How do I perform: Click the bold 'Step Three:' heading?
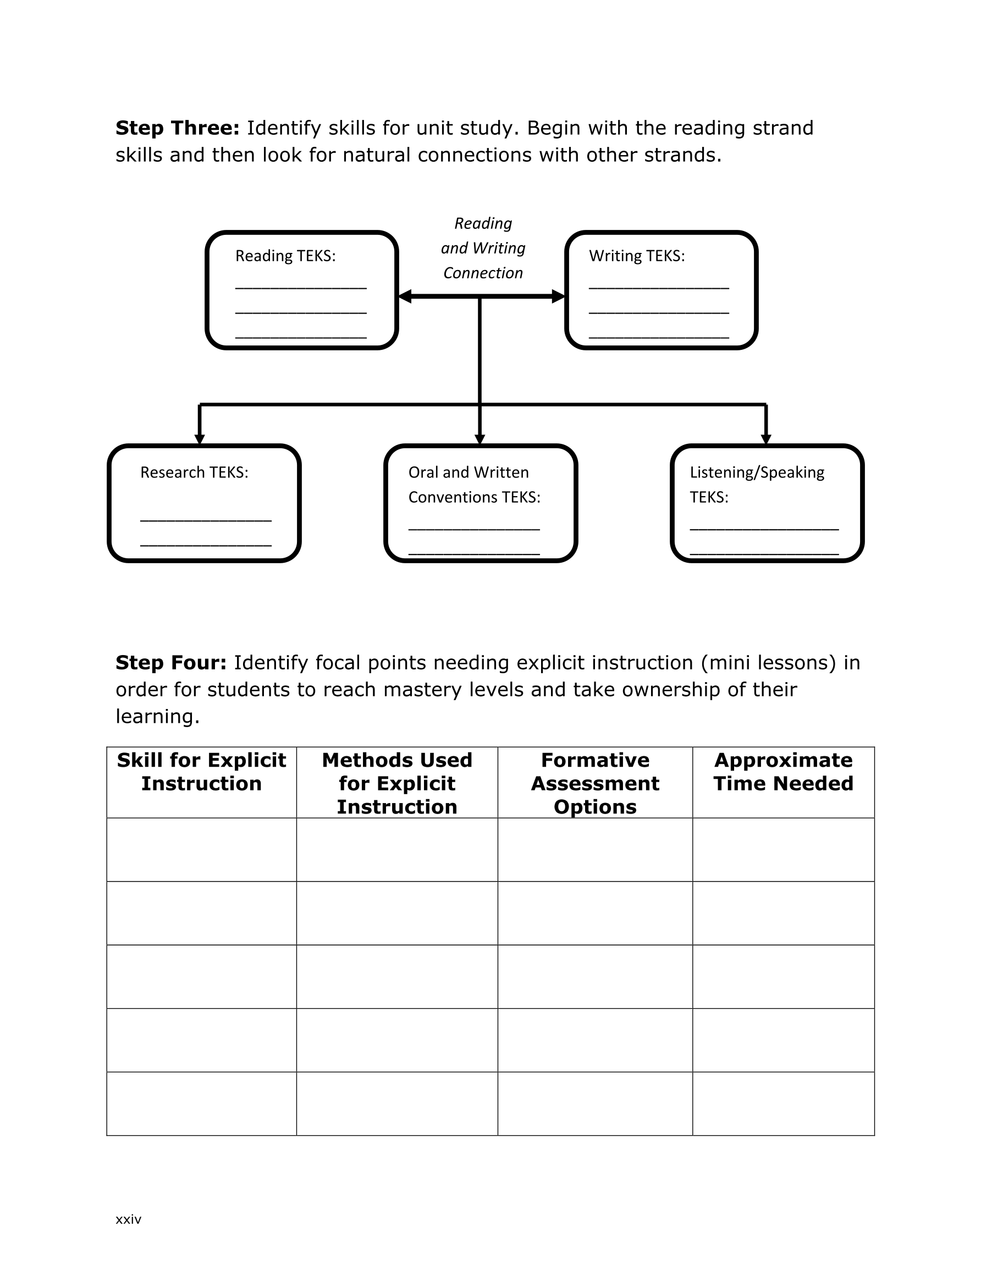178,128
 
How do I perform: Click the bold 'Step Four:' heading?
171,662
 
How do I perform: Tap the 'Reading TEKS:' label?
285,256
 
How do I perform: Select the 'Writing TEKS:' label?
637,256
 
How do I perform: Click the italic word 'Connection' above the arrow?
483,273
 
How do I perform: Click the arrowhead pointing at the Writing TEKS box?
558,296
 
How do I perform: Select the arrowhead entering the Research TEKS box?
200,439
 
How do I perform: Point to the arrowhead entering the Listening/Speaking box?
766,439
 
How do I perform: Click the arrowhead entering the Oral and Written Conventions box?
480,439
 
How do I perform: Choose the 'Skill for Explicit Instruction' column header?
201,772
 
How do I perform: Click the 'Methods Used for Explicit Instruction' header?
397,783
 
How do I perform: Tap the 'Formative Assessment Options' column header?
595,783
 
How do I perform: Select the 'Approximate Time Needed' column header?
783,772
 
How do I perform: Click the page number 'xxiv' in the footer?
129,1219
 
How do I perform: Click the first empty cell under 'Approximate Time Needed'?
783,850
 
